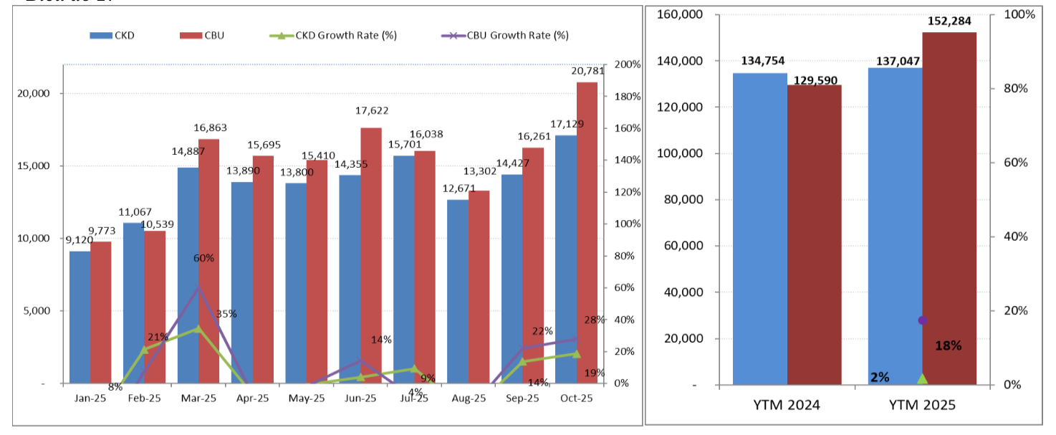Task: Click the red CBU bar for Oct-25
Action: point(587,233)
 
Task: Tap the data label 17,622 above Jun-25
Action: point(371,111)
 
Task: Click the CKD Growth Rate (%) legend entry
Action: point(335,35)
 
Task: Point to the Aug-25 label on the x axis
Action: point(469,398)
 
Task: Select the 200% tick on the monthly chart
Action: point(627,64)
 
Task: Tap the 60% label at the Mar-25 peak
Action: point(203,258)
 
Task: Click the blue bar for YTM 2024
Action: point(760,229)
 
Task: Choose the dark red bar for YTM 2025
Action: point(949,208)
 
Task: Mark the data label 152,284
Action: point(950,21)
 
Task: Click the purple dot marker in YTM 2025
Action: point(923,320)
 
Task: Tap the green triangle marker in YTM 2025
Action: point(923,378)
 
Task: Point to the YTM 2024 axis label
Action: point(787,405)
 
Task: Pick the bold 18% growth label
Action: point(949,345)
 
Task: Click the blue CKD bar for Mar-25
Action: point(188,276)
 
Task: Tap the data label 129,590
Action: point(815,81)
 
